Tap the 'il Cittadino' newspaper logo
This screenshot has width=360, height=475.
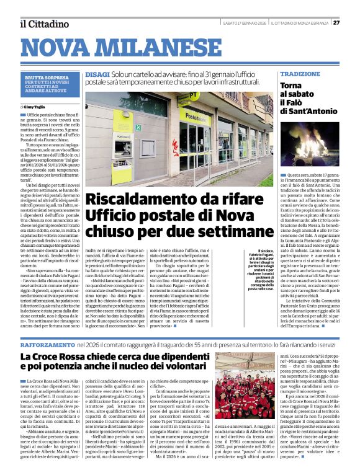click(44, 24)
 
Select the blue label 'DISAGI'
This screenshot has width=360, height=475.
click(97, 74)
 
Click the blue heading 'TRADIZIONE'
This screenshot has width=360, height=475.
click(300, 74)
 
